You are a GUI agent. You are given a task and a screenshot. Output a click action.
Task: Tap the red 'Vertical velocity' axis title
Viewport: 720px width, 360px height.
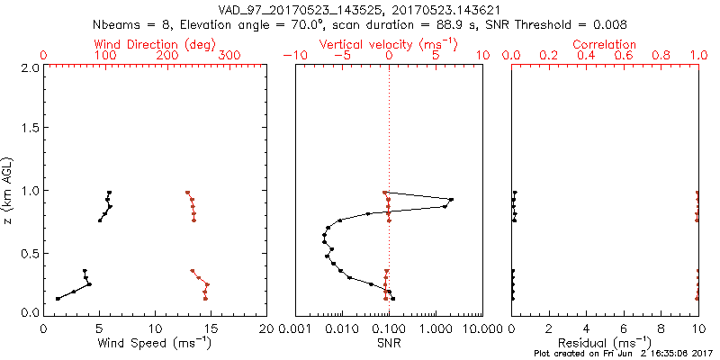pos(388,43)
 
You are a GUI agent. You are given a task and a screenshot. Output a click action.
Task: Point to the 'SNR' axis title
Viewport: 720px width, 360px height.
pos(389,343)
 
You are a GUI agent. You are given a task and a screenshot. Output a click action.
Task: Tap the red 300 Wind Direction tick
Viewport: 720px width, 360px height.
pos(230,56)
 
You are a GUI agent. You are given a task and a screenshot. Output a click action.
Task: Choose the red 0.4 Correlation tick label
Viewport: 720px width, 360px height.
pos(586,56)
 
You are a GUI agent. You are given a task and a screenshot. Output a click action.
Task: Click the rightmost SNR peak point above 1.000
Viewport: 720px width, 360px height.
pos(451,200)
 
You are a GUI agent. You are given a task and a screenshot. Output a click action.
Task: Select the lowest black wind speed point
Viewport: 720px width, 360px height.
pos(58,299)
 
